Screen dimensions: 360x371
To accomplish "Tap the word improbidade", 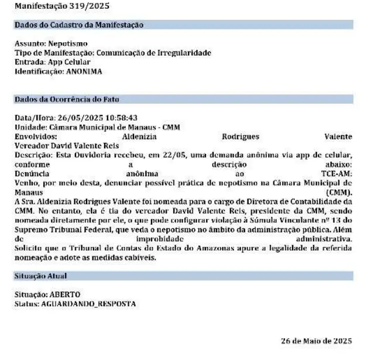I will click(157, 239).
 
